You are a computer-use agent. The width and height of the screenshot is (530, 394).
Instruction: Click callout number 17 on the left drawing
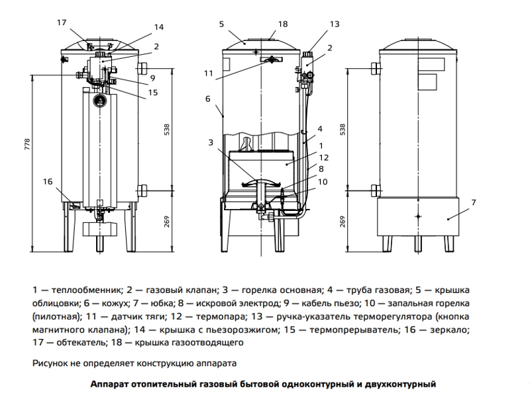62,22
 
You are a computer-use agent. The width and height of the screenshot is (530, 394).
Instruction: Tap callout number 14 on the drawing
158,27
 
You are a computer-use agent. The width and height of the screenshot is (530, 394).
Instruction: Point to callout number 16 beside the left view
48,181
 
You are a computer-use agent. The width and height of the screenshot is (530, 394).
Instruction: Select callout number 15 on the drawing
153,93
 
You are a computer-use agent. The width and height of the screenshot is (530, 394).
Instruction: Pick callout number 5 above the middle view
222,24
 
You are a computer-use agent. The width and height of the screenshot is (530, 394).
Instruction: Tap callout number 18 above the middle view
283,24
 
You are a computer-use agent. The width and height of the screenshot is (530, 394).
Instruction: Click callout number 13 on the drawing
334,24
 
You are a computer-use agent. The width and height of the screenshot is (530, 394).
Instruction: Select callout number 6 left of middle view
207,99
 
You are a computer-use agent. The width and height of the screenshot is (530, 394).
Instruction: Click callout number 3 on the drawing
210,142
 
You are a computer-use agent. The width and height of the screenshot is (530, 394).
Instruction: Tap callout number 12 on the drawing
324,157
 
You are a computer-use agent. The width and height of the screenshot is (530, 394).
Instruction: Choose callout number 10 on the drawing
323,181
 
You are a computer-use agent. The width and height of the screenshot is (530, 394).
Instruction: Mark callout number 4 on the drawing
319,128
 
